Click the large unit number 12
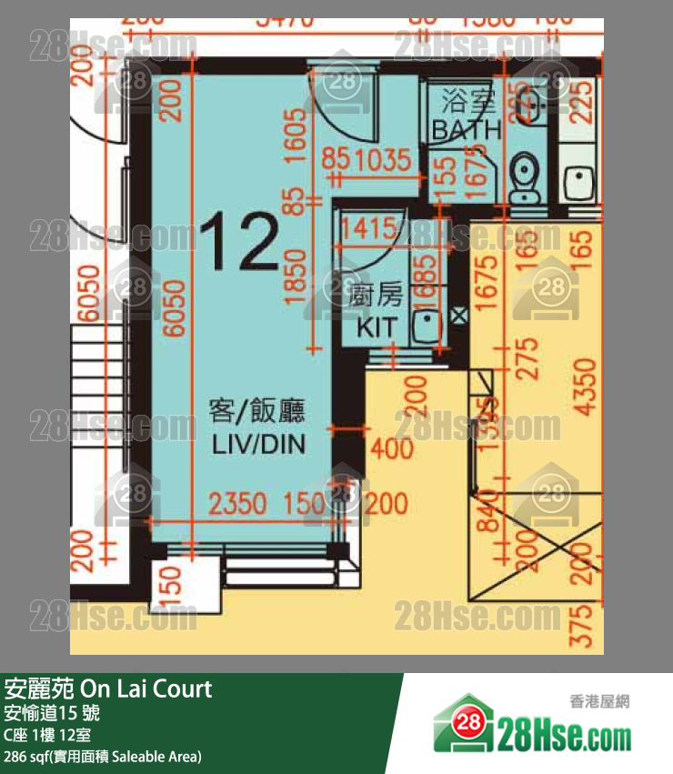coord(239,242)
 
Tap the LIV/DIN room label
coord(258,445)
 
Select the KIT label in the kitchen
coord(377,327)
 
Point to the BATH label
coord(467,130)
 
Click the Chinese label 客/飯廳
coord(257,412)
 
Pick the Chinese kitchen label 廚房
coord(375,295)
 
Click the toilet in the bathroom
coord(524,177)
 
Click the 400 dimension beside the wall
coord(392,447)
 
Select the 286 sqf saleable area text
coord(103,756)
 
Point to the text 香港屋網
coord(599,701)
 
